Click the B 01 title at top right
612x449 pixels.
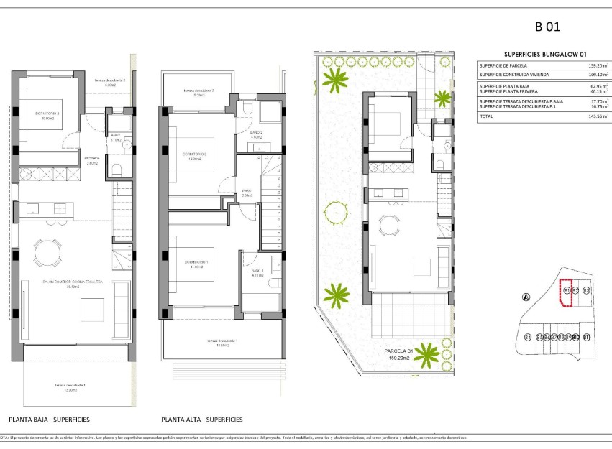(x=547, y=28)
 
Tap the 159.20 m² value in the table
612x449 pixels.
(x=598, y=65)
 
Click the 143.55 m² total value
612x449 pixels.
(x=598, y=116)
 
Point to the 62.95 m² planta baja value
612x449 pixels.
(x=598, y=85)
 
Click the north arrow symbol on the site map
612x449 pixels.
(x=526, y=297)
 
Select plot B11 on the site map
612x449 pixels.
(x=586, y=337)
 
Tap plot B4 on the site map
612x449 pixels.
(x=528, y=337)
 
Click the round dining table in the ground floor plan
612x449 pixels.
(x=47, y=253)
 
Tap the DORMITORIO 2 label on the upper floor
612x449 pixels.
(x=194, y=154)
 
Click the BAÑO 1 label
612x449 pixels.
(x=257, y=271)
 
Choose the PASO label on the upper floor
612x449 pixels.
(x=246, y=193)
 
